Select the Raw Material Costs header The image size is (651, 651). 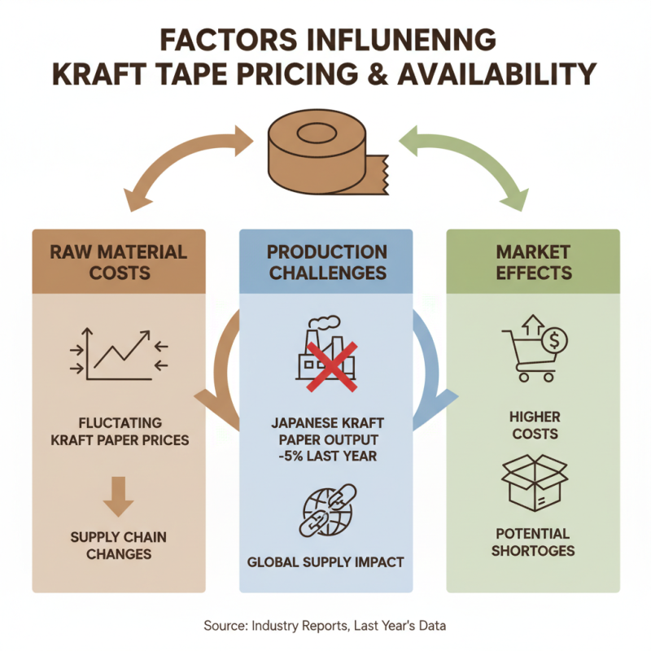[x=119, y=262]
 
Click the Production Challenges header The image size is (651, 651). [x=326, y=262]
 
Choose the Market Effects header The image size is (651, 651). [x=534, y=262]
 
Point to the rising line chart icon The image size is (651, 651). [x=119, y=354]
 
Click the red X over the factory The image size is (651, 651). [x=332, y=367]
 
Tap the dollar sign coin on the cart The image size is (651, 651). [x=555, y=340]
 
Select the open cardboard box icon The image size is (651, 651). [x=535, y=483]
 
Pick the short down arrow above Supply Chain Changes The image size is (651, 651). [x=118, y=496]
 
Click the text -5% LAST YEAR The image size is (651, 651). [x=328, y=456]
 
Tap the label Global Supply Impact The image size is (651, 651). [x=325, y=562]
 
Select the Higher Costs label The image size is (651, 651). [x=535, y=425]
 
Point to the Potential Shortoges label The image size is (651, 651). [x=533, y=542]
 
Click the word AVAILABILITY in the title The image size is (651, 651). [x=497, y=74]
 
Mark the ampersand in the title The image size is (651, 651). [x=378, y=74]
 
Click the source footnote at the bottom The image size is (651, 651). [x=325, y=625]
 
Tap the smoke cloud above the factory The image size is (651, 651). [x=324, y=322]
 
